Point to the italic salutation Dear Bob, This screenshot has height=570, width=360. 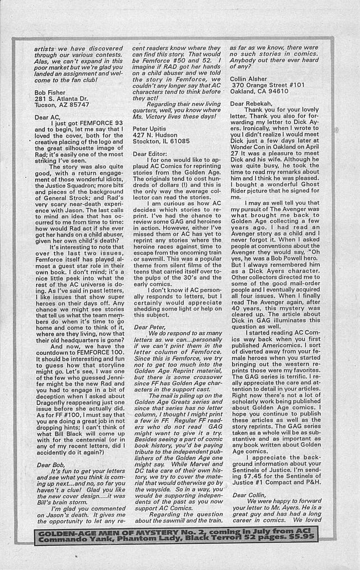[51, 465]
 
